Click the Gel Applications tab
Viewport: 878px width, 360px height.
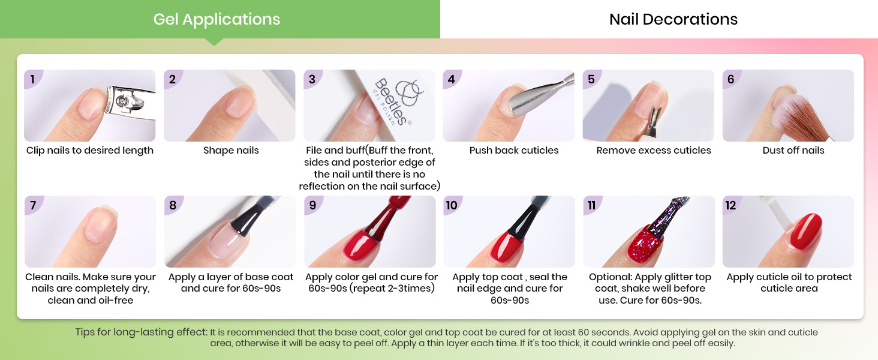click(217, 19)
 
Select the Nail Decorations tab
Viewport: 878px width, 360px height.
click(673, 19)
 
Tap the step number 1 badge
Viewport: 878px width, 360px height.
click(32, 79)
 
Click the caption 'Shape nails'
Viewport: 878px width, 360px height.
click(231, 150)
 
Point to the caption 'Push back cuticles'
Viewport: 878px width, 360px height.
click(514, 150)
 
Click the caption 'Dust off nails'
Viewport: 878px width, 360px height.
click(793, 150)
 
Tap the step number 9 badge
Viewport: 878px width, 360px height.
click(312, 205)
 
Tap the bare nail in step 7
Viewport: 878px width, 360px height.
click(100, 225)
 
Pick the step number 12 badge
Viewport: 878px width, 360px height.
click(730, 205)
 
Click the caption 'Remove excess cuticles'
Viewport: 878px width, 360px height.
click(654, 150)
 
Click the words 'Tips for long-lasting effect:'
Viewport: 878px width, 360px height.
click(141, 332)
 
